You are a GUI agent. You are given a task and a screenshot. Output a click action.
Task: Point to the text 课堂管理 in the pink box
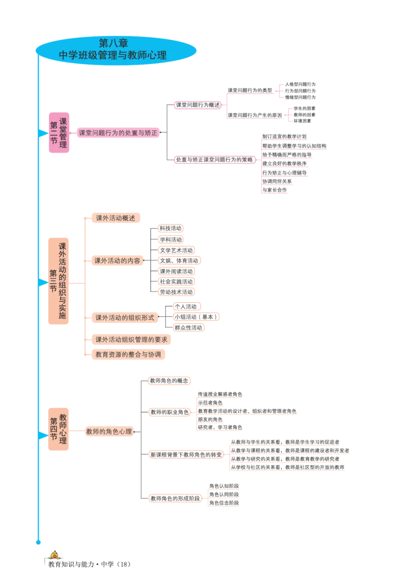tap(63, 133)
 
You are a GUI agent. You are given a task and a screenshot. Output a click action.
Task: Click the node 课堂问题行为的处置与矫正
tap(117, 133)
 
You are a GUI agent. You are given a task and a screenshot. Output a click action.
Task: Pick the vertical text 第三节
tap(53, 282)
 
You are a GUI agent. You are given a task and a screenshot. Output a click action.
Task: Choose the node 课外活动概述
tap(115, 218)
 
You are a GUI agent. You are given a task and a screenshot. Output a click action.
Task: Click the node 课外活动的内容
tap(117, 261)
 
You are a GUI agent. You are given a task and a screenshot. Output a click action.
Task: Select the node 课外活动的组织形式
tap(124, 317)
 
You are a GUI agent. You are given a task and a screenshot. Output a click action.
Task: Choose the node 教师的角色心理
tap(108, 432)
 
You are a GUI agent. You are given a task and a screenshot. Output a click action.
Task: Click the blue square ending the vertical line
tap(38, 542)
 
